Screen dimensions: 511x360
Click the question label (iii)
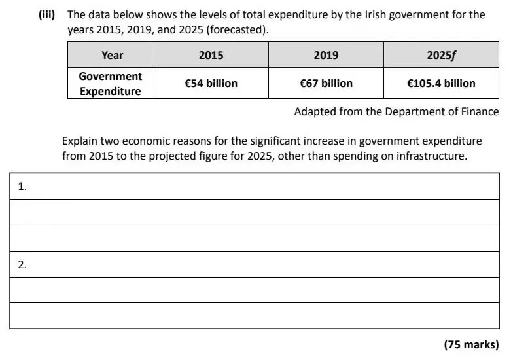tap(47, 14)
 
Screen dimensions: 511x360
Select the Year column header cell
tap(111, 55)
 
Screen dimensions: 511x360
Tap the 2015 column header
tap(211, 55)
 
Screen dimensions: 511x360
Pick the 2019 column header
tap(326, 55)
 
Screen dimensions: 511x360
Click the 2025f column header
tap(441, 55)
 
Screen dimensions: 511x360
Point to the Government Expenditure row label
tap(111, 84)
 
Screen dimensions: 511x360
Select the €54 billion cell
tap(211, 84)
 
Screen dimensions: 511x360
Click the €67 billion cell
tap(326, 84)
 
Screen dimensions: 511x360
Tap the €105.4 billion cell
tap(441, 84)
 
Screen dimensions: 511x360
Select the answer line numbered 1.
tap(255, 186)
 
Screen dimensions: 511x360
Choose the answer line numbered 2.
tap(255, 264)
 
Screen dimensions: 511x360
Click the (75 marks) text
tap(471, 344)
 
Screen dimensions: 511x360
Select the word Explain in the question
tap(79, 141)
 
